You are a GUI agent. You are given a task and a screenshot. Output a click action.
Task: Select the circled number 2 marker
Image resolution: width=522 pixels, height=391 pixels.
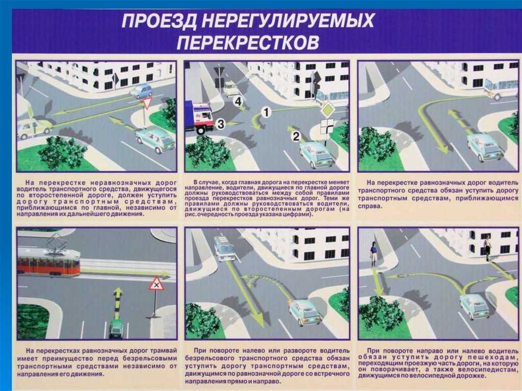(296, 136)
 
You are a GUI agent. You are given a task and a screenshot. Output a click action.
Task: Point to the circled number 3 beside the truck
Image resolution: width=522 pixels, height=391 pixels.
(220, 123)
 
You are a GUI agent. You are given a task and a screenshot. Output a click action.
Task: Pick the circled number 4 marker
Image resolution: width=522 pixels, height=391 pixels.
(238, 101)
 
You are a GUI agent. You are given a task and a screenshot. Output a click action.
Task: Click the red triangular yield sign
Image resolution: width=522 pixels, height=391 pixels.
(147, 103)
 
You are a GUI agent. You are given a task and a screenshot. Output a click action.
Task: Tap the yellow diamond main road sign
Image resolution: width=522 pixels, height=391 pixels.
(327, 109)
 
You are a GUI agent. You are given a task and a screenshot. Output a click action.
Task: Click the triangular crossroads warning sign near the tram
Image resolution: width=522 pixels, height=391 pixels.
(156, 283)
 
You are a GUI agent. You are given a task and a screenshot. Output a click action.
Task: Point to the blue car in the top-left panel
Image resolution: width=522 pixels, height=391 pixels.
(141, 91)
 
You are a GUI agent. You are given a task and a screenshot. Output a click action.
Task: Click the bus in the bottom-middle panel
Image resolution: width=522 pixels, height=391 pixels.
(224, 248)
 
